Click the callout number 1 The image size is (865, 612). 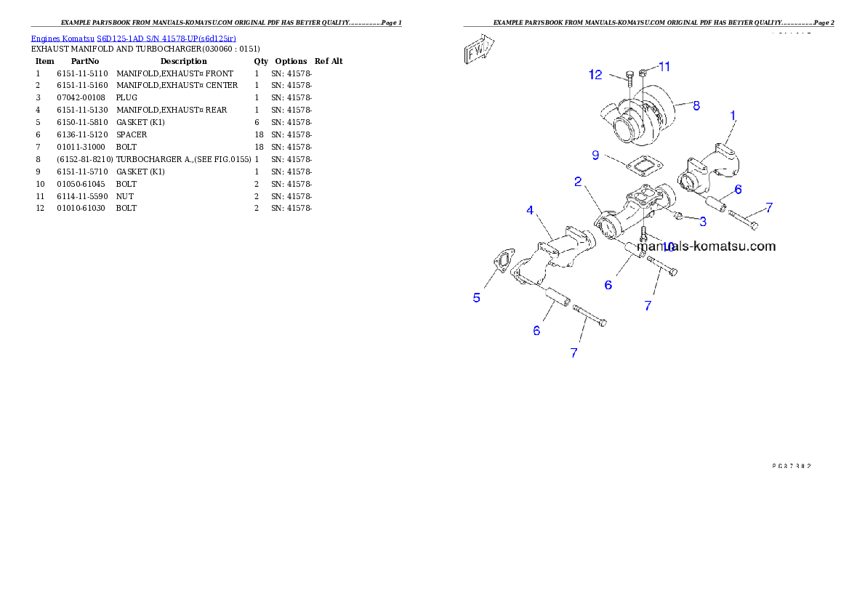click(x=733, y=115)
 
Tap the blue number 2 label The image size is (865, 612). click(x=578, y=182)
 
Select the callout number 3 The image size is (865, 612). click(x=703, y=220)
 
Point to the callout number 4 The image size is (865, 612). click(x=530, y=211)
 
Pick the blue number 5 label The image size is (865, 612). click(x=477, y=297)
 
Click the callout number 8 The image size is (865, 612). click(x=696, y=105)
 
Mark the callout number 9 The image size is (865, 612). click(x=595, y=155)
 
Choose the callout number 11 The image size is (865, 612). click(x=664, y=66)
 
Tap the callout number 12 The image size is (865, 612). click(x=596, y=74)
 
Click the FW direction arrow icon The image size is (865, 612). click(x=479, y=52)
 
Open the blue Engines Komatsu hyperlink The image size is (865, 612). click(x=133, y=38)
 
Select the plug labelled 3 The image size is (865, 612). click(x=677, y=216)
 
